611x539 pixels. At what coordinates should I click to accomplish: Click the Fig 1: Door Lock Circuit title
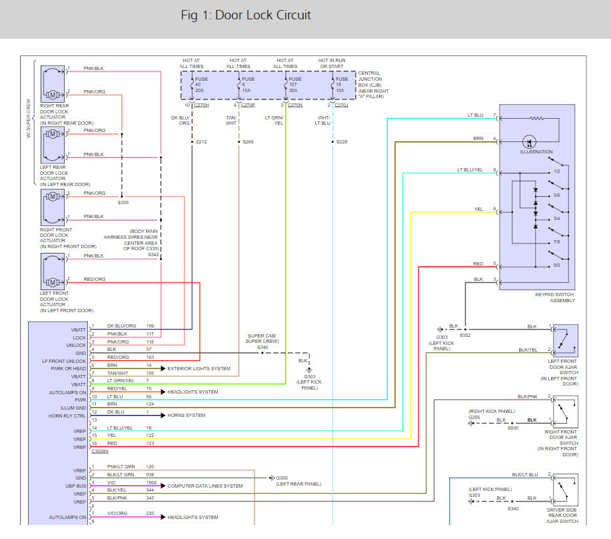246,15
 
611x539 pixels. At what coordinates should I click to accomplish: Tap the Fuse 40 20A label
201,85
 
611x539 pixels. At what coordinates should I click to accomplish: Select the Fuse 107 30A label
295,85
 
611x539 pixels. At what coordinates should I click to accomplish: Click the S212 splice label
201,142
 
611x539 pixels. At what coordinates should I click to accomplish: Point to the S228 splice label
342,142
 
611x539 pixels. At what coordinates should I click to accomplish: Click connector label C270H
201,105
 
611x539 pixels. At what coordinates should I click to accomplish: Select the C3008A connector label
100,451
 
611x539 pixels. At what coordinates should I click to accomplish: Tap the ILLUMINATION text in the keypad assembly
536,151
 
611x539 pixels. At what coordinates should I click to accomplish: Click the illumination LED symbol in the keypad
529,141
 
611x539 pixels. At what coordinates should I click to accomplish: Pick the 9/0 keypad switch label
556,265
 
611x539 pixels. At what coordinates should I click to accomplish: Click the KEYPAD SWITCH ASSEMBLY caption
554,298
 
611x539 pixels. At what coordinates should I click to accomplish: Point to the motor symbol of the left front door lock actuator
53,282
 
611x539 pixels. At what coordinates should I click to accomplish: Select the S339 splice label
123,202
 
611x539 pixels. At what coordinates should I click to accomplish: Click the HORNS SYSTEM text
187,416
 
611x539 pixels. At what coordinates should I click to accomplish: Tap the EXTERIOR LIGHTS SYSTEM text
199,369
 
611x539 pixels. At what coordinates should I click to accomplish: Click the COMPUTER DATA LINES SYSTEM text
205,486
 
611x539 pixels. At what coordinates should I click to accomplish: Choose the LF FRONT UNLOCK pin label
64,361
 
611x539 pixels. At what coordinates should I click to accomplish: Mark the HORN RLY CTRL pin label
67,416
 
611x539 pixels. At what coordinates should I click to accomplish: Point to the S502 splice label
465,336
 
